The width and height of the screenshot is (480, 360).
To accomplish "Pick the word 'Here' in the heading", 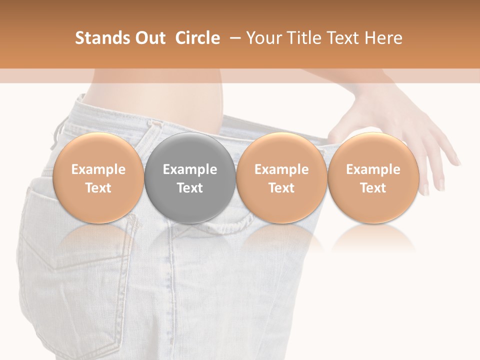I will pyautogui.click(x=384, y=38).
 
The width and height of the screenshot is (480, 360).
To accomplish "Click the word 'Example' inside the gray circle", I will pyautogui.click(x=190, y=169).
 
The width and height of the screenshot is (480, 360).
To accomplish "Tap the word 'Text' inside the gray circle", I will pyautogui.click(x=190, y=188).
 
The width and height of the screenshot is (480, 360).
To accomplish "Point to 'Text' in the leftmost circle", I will pyautogui.click(x=98, y=188).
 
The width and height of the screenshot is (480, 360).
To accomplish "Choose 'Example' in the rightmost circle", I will pyautogui.click(x=373, y=169).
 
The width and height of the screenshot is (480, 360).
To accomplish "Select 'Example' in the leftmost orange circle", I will pyautogui.click(x=98, y=169).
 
